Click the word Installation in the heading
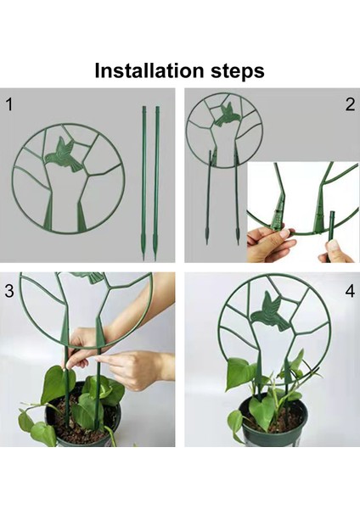(149, 70)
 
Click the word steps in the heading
(238, 71)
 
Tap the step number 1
(9, 104)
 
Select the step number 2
(350, 104)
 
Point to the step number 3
(9, 291)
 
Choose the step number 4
(350, 291)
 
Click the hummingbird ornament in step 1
(64, 154)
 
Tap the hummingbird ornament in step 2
(227, 114)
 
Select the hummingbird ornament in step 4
(269, 311)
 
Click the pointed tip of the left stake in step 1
(143, 260)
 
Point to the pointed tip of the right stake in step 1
(155, 260)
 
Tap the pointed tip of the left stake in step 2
(206, 243)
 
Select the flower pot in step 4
(273, 422)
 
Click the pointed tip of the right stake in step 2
(238, 243)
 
